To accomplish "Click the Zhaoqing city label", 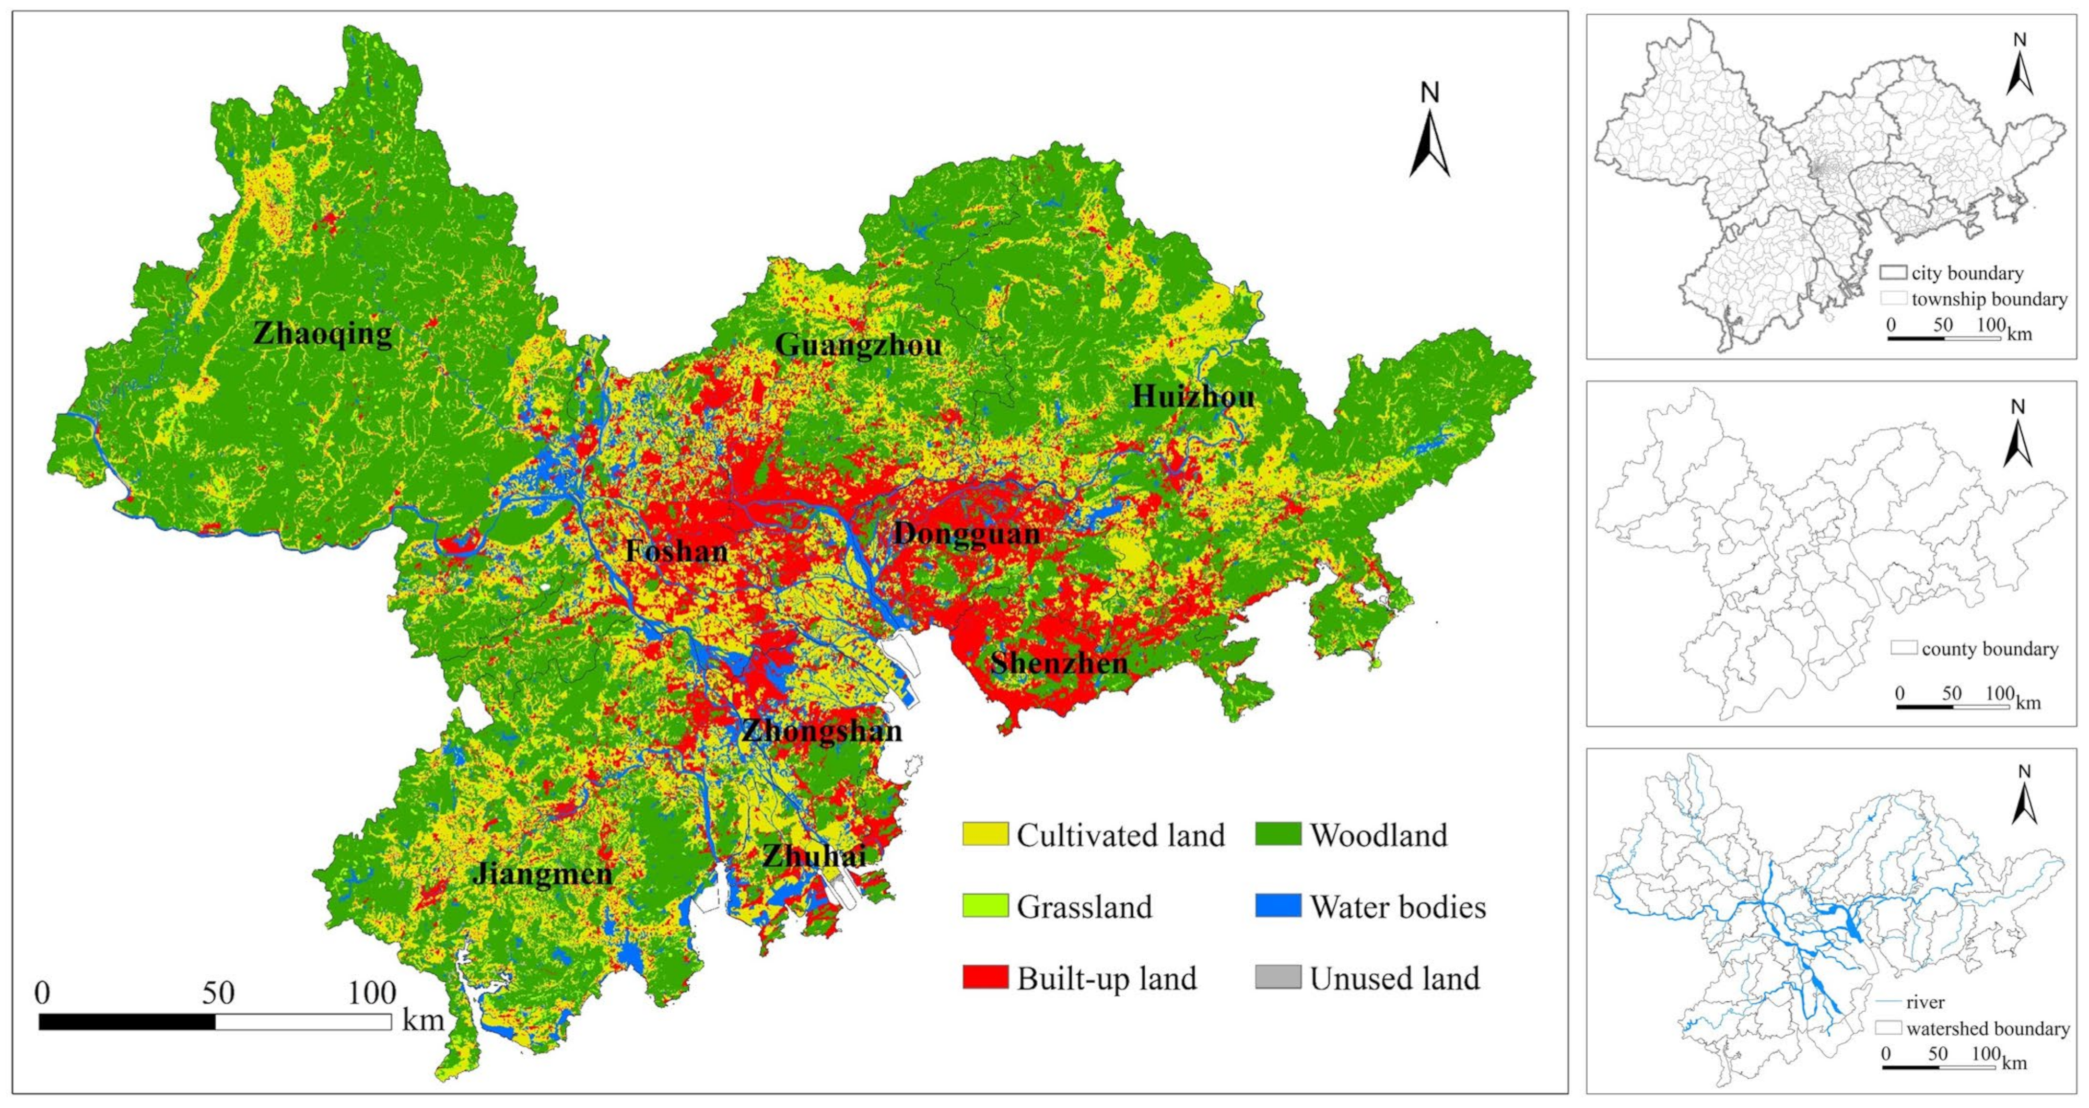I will coord(323,333).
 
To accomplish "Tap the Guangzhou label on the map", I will coord(858,345).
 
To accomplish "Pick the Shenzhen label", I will coord(1059,663).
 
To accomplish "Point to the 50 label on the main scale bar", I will coord(217,993).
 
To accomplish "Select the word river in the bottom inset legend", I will coord(1925,1002).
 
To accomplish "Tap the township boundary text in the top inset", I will coord(1988,299).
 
